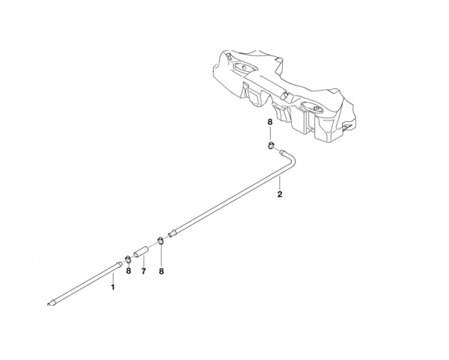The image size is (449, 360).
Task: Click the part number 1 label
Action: pyautogui.click(x=113, y=287)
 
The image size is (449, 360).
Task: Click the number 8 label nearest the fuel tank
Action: pyautogui.click(x=270, y=121)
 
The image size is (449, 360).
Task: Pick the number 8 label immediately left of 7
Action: pyautogui.click(x=128, y=271)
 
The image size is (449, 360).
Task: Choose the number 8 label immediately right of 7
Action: pyautogui.click(x=161, y=271)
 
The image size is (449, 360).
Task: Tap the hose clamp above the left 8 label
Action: pyautogui.click(x=128, y=259)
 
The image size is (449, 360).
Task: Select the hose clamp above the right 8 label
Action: pyautogui.click(x=161, y=241)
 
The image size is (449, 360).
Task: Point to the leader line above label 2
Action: pyautogui.click(x=279, y=183)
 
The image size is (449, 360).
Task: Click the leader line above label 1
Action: pyautogui.click(x=113, y=278)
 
